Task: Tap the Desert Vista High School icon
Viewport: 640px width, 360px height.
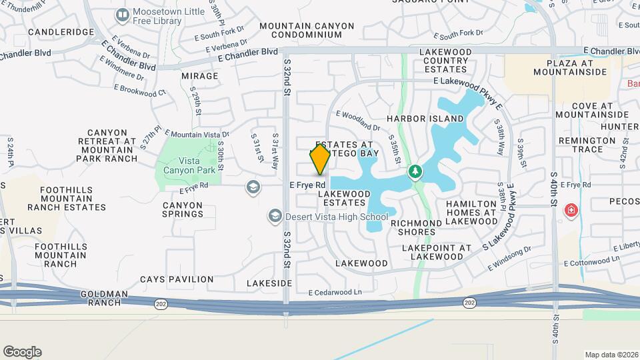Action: (x=275, y=216)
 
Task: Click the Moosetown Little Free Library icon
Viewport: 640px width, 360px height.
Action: (x=122, y=15)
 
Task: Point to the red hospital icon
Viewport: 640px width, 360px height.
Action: (x=571, y=211)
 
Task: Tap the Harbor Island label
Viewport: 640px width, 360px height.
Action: (x=425, y=119)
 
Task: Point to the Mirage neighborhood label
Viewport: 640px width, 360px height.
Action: (x=199, y=76)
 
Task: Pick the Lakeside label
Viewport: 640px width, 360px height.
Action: (x=269, y=283)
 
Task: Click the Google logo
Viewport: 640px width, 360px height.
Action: (x=22, y=352)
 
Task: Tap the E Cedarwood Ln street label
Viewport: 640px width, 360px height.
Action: (x=335, y=293)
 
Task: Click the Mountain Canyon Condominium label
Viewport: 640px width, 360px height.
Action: (x=307, y=30)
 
